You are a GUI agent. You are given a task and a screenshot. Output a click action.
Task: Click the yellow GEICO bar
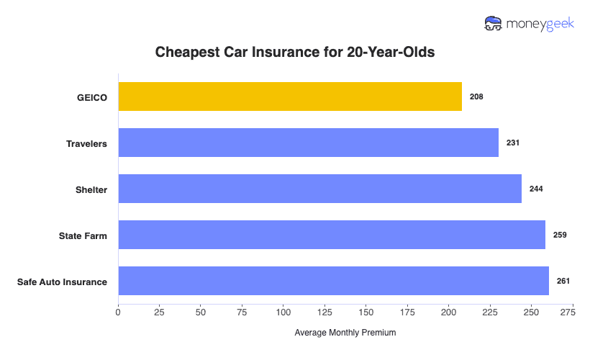pyautogui.click(x=290, y=96)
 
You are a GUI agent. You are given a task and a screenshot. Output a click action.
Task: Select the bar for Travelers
pyautogui.click(x=308, y=143)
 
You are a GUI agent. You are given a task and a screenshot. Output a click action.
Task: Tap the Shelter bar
pyautogui.click(x=319, y=189)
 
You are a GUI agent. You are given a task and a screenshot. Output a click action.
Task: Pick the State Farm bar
pyautogui.click(x=332, y=235)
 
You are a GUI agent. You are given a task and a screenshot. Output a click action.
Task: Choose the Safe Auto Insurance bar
pyautogui.click(x=333, y=281)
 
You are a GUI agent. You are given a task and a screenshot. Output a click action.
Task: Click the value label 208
pyautogui.click(x=476, y=96)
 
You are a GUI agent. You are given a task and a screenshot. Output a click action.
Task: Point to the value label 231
pyautogui.click(x=512, y=143)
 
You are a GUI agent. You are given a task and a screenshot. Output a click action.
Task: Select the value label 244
pyautogui.click(x=535, y=189)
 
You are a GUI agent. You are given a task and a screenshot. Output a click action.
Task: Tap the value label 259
pyautogui.click(x=560, y=235)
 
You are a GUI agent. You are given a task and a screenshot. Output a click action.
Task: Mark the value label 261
pyautogui.click(x=563, y=281)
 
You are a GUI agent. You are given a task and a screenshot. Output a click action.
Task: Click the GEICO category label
pyautogui.click(x=92, y=97)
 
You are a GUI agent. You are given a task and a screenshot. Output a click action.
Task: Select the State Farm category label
pyautogui.click(x=83, y=235)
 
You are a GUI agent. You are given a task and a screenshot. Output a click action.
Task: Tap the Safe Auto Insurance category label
pyautogui.click(x=62, y=282)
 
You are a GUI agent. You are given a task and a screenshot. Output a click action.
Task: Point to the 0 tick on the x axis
pyautogui.click(x=118, y=312)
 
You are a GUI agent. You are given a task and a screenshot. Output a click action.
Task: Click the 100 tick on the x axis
pyautogui.click(x=283, y=312)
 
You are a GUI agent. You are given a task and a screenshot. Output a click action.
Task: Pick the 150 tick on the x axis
pyautogui.click(x=366, y=312)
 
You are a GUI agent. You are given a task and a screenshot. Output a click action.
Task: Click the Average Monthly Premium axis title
pyautogui.click(x=345, y=333)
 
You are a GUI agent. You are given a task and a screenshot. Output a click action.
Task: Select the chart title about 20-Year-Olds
pyautogui.click(x=295, y=53)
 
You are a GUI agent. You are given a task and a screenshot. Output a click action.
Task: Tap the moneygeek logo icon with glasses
pyautogui.click(x=494, y=24)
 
